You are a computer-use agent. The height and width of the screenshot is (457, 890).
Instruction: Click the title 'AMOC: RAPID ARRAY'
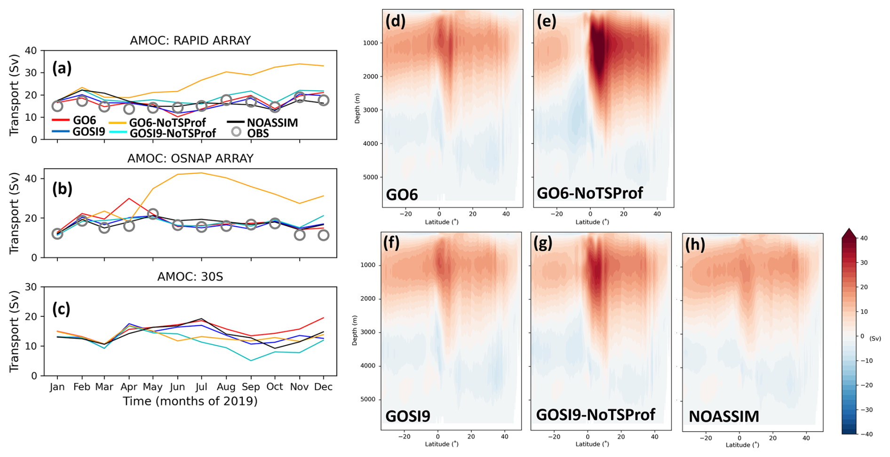[x=190, y=41]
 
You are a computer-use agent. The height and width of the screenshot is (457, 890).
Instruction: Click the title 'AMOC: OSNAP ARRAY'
[x=190, y=159]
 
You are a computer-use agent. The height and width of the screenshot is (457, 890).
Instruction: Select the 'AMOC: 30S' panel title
[x=190, y=277]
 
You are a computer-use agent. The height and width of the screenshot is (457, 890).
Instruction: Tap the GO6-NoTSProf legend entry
[x=167, y=123]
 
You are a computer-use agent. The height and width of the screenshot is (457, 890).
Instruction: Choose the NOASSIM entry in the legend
[x=272, y=123]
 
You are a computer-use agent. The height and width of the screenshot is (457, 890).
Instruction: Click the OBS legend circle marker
[x=236, y=133]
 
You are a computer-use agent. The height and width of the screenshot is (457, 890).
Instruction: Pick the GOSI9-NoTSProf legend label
[x=173, y=133]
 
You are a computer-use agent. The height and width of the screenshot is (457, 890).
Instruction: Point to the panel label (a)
[x=62, y=69]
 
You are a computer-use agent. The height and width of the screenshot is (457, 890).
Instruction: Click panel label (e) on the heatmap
[x=547, y=22]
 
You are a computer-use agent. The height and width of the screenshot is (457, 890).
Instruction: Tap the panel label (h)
[x=695, y=244]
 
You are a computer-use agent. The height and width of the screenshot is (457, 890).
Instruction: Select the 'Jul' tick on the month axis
[x=201, y=387]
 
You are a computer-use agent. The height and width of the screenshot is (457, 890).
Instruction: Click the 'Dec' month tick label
[x=323, y=387]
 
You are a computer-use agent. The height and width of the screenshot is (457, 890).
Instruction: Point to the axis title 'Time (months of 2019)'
[x=190, y=402]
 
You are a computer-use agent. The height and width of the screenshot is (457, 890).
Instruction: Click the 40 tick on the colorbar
[x=864, y=238]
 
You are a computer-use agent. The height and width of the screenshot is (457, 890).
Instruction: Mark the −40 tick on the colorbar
[x=866, y=434]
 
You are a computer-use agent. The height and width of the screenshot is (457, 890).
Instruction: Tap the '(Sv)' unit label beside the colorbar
[x=875, y=339]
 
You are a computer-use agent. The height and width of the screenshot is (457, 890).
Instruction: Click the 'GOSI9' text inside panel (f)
[x=407, y=416]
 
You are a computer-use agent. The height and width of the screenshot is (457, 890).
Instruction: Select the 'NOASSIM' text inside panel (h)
[x=723, y=417]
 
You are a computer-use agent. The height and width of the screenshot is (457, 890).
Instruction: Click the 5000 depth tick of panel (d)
[x=370, y=177]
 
